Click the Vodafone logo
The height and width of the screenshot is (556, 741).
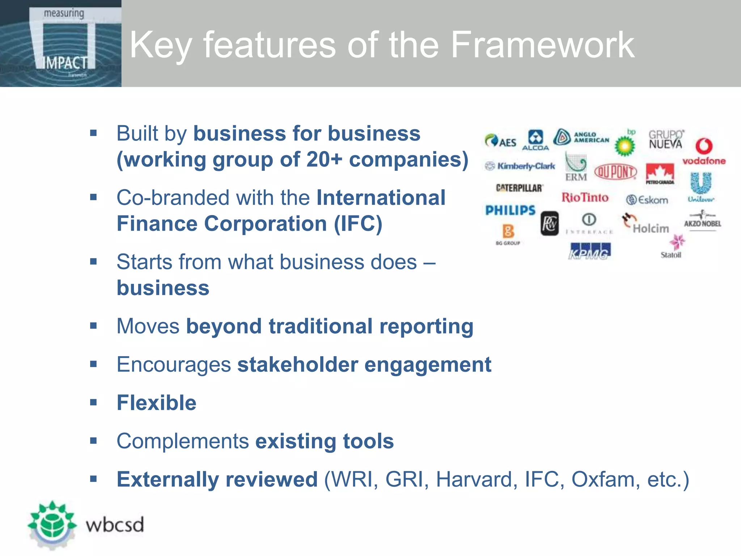(x=704, y=151)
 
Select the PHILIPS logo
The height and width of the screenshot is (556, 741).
(x=510, y=210)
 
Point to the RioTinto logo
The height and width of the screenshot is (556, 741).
(x=585, y=198)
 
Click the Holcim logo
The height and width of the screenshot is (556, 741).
(x=646, y=224)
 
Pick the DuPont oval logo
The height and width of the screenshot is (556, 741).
(x=615, y=172)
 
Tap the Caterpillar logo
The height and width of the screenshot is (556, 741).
(x=519, y=188)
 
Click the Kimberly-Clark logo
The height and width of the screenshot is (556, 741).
(x=520, y=166)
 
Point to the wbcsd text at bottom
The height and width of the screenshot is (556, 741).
(x=115, y=525)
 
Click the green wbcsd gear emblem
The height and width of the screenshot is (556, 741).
(x=52, y=524)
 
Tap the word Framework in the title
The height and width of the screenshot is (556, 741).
(x=542, y=45)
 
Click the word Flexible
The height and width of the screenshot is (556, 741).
(x=156, y=403)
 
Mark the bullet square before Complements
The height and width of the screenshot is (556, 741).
(x=94, y=441)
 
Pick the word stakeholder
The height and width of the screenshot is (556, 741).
(x=297, y=365)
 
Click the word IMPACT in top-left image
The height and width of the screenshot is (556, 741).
(x=65, y=63)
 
